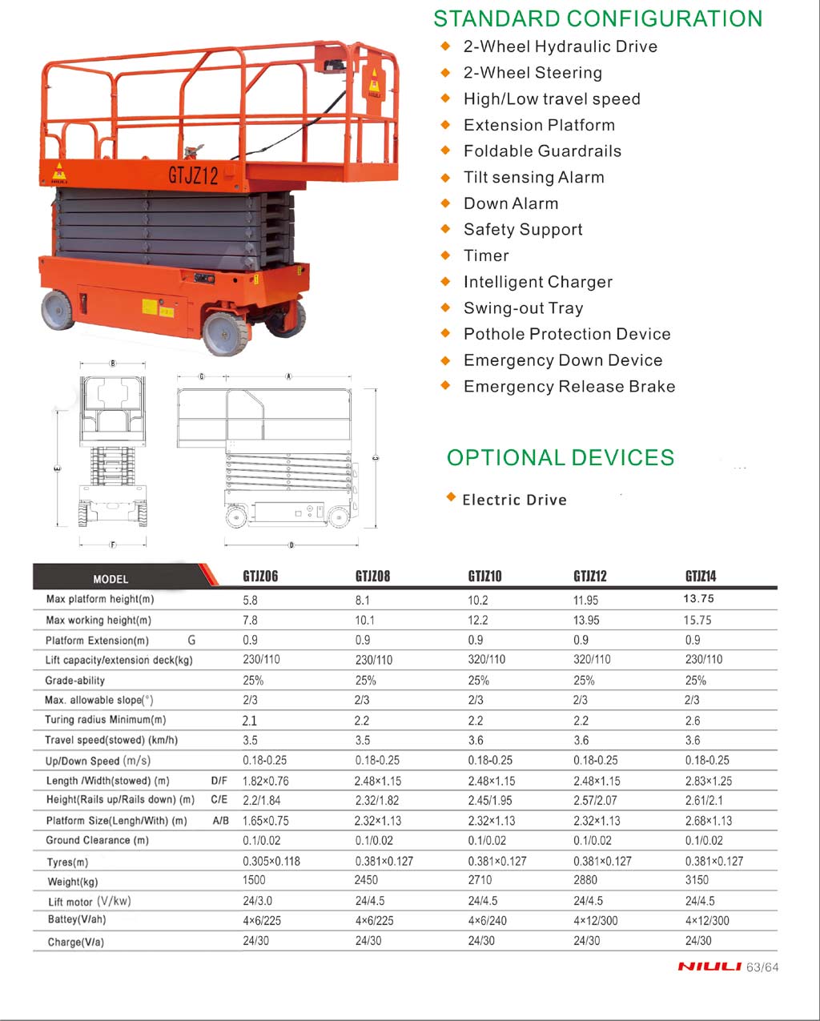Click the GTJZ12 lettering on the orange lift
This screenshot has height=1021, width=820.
[x=193, y=175]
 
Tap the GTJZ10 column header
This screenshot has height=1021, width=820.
[x=484, y=576]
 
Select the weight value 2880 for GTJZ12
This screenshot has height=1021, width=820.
[x=585, y=880]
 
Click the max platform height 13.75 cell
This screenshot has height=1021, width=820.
[x=698, y=599]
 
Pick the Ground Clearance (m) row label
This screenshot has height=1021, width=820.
[x=97, y=840]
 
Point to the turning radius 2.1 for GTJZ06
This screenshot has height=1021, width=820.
[x=250, y=721]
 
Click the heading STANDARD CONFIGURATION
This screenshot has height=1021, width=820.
[x=597, y=18]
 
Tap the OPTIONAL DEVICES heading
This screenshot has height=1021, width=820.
[x=561, y=458]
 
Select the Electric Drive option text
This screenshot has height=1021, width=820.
[x=514, y=500]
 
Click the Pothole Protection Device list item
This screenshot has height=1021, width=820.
[x=567, y=334]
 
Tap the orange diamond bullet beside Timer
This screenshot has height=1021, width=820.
[x=446, y=255]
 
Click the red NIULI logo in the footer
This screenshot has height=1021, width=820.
[x=709, y=967]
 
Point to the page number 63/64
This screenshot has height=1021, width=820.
[x=762, y=967]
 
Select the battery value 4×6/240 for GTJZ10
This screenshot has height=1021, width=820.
[x=487, y=920]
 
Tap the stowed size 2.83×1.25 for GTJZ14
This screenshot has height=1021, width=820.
[x=708, y=781]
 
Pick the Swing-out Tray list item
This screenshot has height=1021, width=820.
[x=523, y=308]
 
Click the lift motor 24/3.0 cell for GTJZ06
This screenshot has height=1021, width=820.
[x=257, y=901]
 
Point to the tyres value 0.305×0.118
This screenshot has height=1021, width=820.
[x=271, y=862]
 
